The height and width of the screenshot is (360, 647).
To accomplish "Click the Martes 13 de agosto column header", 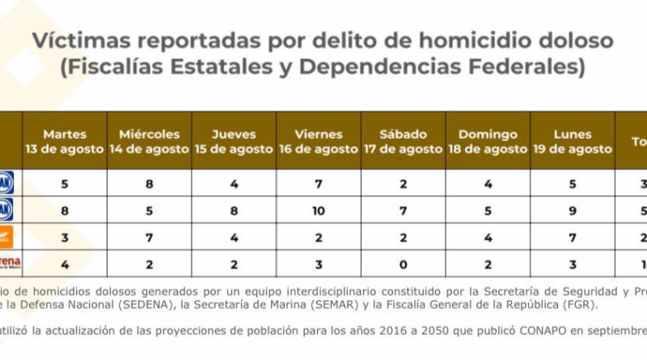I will (x=65, y=142).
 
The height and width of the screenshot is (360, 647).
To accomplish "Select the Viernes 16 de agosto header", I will (x=319, y=142).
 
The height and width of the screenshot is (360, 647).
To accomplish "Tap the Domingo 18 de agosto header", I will (x=488, y=142).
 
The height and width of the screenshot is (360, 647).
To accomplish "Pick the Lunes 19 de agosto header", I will (x=573, y=142).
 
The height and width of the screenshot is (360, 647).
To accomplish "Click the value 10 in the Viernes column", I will (x=319, y=211).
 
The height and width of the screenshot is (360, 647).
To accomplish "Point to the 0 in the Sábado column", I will (x=404, y=263).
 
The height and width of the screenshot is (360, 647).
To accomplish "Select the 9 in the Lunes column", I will (x=573, y=211).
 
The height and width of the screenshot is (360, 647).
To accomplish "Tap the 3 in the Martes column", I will (x=65, y=237).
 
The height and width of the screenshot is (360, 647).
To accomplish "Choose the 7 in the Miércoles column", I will (x=150, y=237).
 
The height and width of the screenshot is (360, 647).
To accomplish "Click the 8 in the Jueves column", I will (x=234, y=211).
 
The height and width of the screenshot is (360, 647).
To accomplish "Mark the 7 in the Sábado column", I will (x=404, y=211).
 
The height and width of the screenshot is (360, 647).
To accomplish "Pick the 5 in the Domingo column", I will (x=488, y=211).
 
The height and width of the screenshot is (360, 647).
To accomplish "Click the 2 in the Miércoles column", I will (x=150, y=263).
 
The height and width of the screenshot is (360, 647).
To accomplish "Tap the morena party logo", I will (x=8, y=263).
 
